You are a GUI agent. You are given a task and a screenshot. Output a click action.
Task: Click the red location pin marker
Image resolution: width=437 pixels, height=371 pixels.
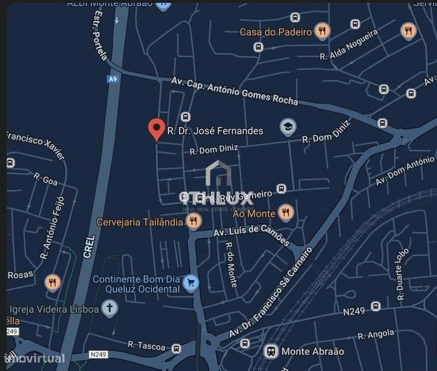(156, 129)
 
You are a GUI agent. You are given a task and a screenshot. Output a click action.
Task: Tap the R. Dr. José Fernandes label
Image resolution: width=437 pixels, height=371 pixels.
(215, 130)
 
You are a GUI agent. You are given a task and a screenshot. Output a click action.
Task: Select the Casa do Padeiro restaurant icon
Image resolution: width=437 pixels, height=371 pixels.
(322, 31)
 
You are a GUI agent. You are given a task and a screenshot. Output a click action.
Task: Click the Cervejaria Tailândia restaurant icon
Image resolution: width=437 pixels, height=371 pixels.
(194, 221)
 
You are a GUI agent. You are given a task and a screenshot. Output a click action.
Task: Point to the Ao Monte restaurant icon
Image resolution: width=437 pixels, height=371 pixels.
(286, 213)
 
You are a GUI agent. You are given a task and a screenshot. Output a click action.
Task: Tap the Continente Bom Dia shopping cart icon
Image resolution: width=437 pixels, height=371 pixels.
(190, 284)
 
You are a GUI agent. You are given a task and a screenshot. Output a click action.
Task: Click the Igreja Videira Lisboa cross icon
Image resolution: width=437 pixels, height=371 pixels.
(110, 308)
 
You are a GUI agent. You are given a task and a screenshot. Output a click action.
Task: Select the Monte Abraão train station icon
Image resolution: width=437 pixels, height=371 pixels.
(271, 351)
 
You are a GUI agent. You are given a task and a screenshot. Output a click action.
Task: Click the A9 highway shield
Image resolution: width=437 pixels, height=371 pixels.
(112, 79)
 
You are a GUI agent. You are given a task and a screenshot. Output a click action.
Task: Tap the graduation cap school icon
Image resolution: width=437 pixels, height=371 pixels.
(288, 127)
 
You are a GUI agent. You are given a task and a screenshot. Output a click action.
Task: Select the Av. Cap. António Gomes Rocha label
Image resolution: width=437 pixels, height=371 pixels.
(234, 90)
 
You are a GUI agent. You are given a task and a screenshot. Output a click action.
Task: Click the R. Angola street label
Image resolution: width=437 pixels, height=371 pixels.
(376, 335)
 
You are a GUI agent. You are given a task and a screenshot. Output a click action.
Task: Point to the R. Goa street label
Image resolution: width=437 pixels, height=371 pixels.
(45, 179)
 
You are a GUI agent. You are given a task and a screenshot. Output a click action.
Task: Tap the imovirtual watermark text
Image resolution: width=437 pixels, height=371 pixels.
(33, 359)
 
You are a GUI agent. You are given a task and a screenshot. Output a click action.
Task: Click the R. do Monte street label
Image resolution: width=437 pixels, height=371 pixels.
(231, 264)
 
